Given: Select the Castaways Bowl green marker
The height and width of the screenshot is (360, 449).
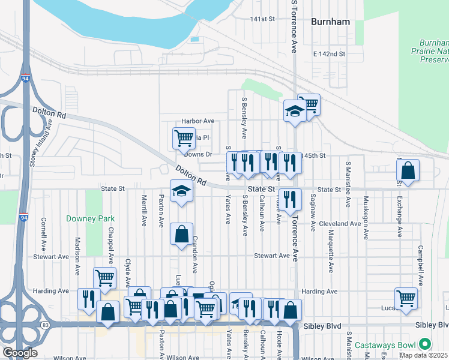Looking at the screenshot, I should point(425,344).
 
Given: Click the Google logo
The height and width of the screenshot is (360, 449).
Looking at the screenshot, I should point(20,353).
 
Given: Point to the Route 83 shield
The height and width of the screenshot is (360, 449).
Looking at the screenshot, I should point(46,325).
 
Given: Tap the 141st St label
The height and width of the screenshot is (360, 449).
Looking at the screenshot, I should point(262,19).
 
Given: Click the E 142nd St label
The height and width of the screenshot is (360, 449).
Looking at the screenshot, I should point(330,54).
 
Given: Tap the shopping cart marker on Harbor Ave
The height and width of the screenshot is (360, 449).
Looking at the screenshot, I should point(184,138).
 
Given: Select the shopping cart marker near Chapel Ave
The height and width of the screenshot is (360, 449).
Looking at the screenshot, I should point(104,278).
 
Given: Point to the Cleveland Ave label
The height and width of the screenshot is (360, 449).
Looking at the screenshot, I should point(340,223).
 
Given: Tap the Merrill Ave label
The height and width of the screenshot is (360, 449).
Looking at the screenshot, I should point(144,210).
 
